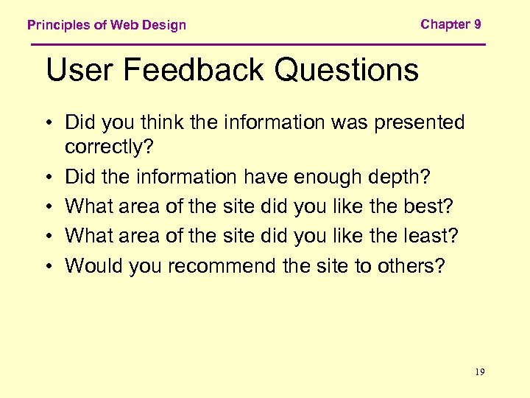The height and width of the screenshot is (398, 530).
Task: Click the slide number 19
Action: click(480, 372)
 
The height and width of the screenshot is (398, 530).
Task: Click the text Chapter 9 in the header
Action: click(451, 24)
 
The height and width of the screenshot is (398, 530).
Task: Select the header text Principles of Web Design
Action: click(107, 25)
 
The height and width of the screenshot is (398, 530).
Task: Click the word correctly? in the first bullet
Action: click(109, 147)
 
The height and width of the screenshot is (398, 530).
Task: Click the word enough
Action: click(322, 178)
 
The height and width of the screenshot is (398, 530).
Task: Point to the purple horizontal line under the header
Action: click(258, 45)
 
